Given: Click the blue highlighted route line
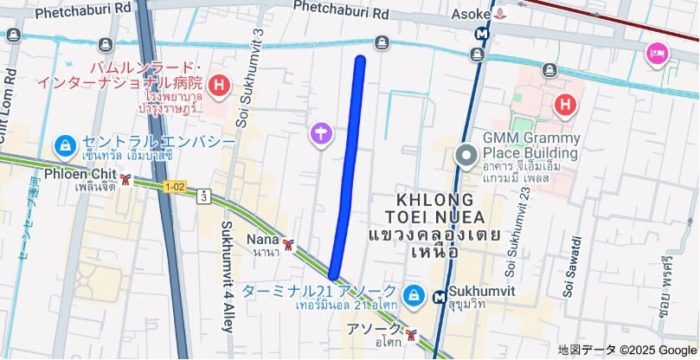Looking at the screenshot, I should tap(349, 164).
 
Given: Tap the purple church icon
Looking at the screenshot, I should tap(321, 133).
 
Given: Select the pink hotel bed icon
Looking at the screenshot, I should tap(657, 55).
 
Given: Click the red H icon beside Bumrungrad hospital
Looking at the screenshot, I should tap(221, 85).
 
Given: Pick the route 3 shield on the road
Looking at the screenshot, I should tap(202, 196).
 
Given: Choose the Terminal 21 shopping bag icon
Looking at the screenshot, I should tap(414, 295).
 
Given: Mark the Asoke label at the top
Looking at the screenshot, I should tap(471, 14).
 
